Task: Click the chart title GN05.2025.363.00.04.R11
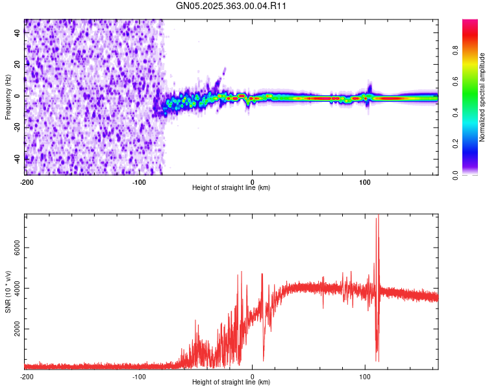click(231, 6)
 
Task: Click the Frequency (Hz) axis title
click(8, 97)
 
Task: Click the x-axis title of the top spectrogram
click(231, 188)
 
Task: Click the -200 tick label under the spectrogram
click(27, 182)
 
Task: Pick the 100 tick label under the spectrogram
click(365, 182)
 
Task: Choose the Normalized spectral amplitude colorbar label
click(482, 97)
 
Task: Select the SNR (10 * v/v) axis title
click(8, 292)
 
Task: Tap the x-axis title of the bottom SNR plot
click(231, 383)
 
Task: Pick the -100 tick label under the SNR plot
click(139, 376)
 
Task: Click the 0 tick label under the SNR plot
click(253, 376)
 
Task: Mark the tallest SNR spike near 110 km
click(378, 217)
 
